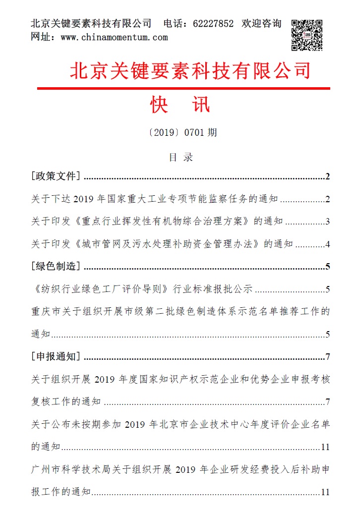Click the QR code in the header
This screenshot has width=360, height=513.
(306, 35)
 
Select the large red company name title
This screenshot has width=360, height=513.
(190, 70)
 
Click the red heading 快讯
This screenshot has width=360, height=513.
(180, 105)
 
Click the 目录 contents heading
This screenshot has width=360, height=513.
(180, 158)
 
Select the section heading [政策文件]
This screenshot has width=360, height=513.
(56, 176)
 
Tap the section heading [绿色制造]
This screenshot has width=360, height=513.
(56, 266)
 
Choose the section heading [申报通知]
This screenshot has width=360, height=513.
(56, 356)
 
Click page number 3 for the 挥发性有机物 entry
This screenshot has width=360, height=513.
(328, 222)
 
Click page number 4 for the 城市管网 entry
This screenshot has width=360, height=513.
(328, 244)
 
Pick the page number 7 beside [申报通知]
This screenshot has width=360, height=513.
(328, 357)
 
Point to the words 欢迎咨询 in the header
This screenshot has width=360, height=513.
(261, 23)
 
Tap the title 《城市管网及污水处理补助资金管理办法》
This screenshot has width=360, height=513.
(166, 244)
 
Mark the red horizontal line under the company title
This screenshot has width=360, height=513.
(183, 89)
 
